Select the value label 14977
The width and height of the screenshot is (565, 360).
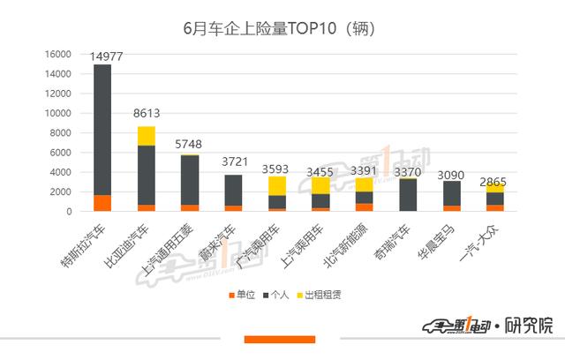click(112, 56)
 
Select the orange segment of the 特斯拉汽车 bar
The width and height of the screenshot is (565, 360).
click(102, 203)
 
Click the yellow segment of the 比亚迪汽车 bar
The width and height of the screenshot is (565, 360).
click(147, 136)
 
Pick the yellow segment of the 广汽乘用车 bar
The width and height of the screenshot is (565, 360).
click(277, 185)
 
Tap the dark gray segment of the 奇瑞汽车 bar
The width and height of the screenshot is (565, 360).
click(408, 195)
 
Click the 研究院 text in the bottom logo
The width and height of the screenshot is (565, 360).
click(534, 326)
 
